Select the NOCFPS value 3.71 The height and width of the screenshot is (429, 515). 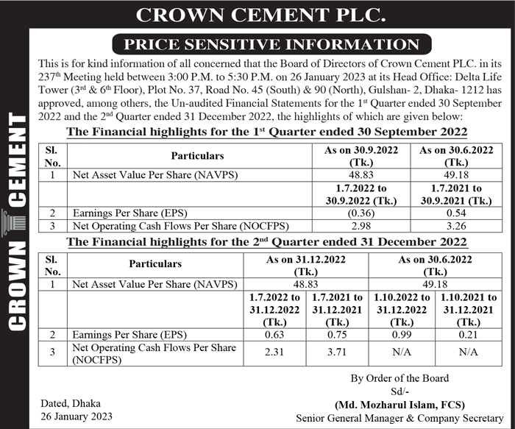[338, 352]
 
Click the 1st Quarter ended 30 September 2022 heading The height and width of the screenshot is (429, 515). [266, 132]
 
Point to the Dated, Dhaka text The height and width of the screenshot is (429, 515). [71, 403]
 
